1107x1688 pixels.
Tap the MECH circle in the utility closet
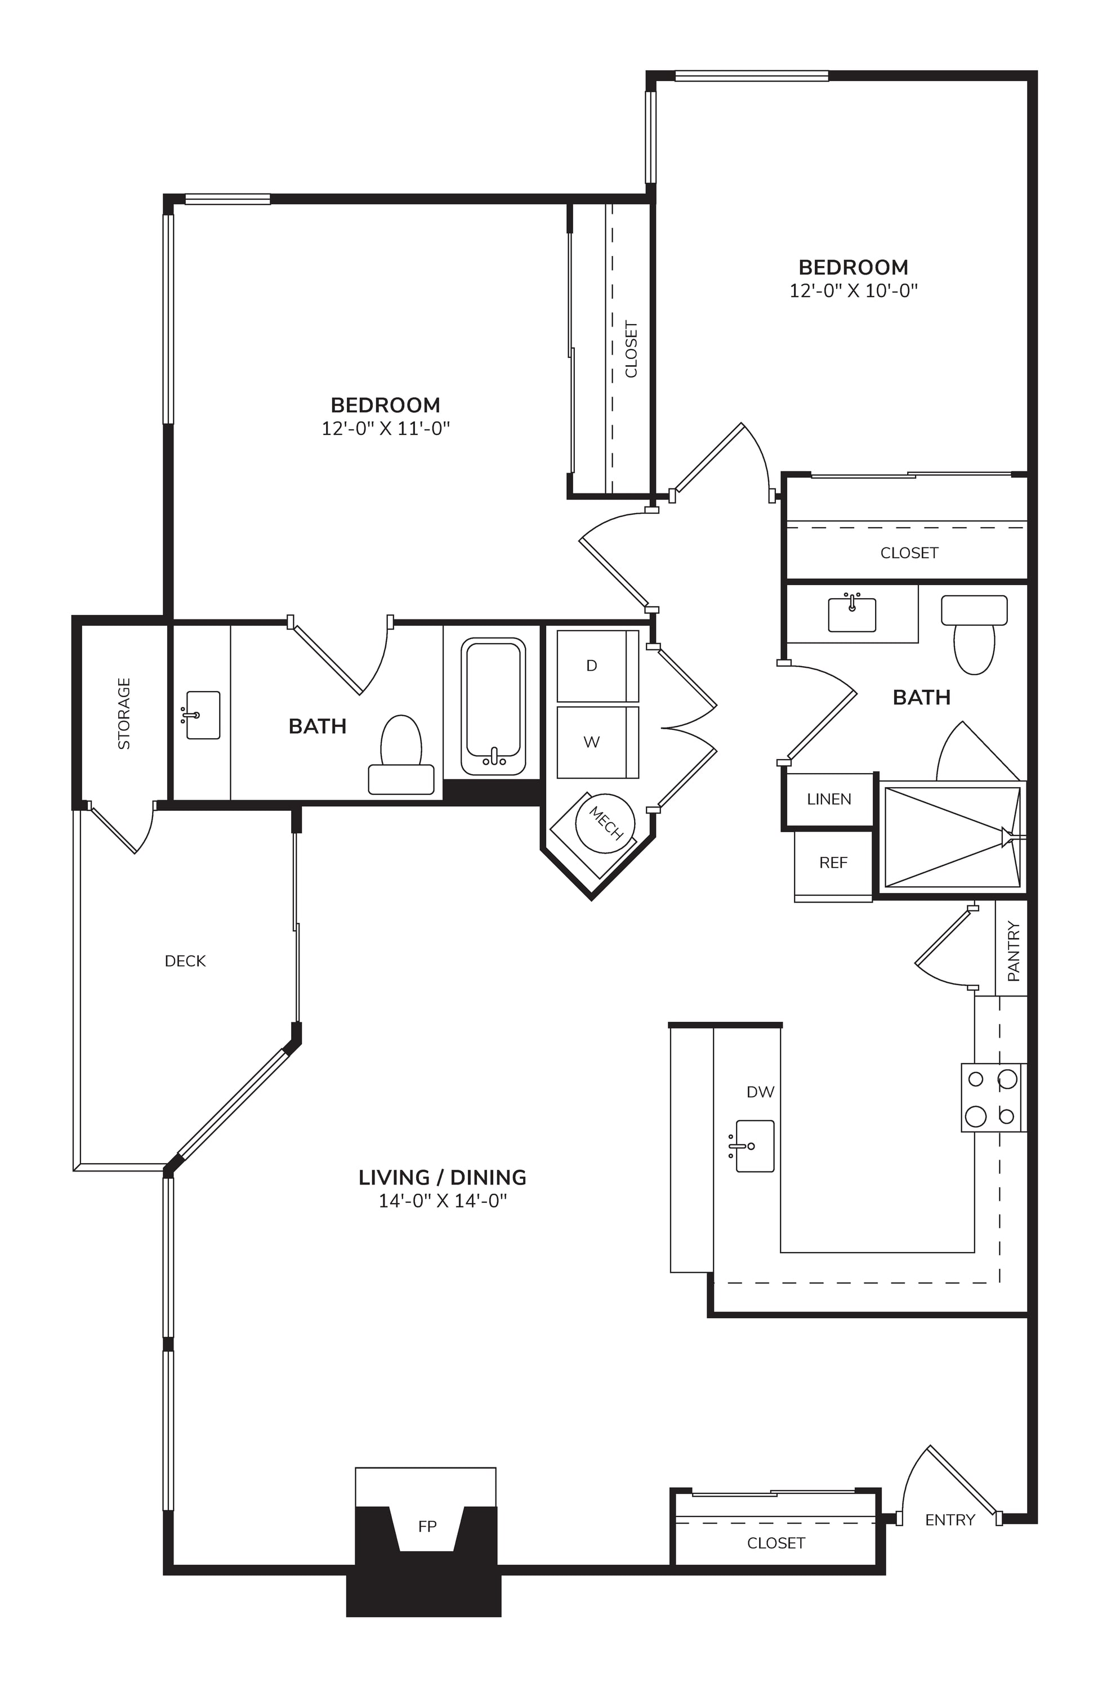(x=605, y=823)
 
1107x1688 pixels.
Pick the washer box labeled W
(x=597, y=742)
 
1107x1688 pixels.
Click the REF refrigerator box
(x=833, y=865)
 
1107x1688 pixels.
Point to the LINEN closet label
(x=829, y=800)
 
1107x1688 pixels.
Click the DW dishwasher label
(x=760, y=1092)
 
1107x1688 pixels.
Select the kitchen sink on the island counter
(x=752, y=1146)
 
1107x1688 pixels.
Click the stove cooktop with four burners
(x=993, y=1097)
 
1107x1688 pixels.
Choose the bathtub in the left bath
(x=493, y=706)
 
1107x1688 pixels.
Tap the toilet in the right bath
(x=974, y=634)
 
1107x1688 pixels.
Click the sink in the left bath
(x=202, y=715)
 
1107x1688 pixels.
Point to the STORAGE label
(x=124, y=713)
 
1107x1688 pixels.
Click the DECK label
(x=185, y=961)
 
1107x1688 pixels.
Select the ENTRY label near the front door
(x=950, y=1520)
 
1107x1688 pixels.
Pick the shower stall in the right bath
(x=952, y=837)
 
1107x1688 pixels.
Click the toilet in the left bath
(x=401, y=755)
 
